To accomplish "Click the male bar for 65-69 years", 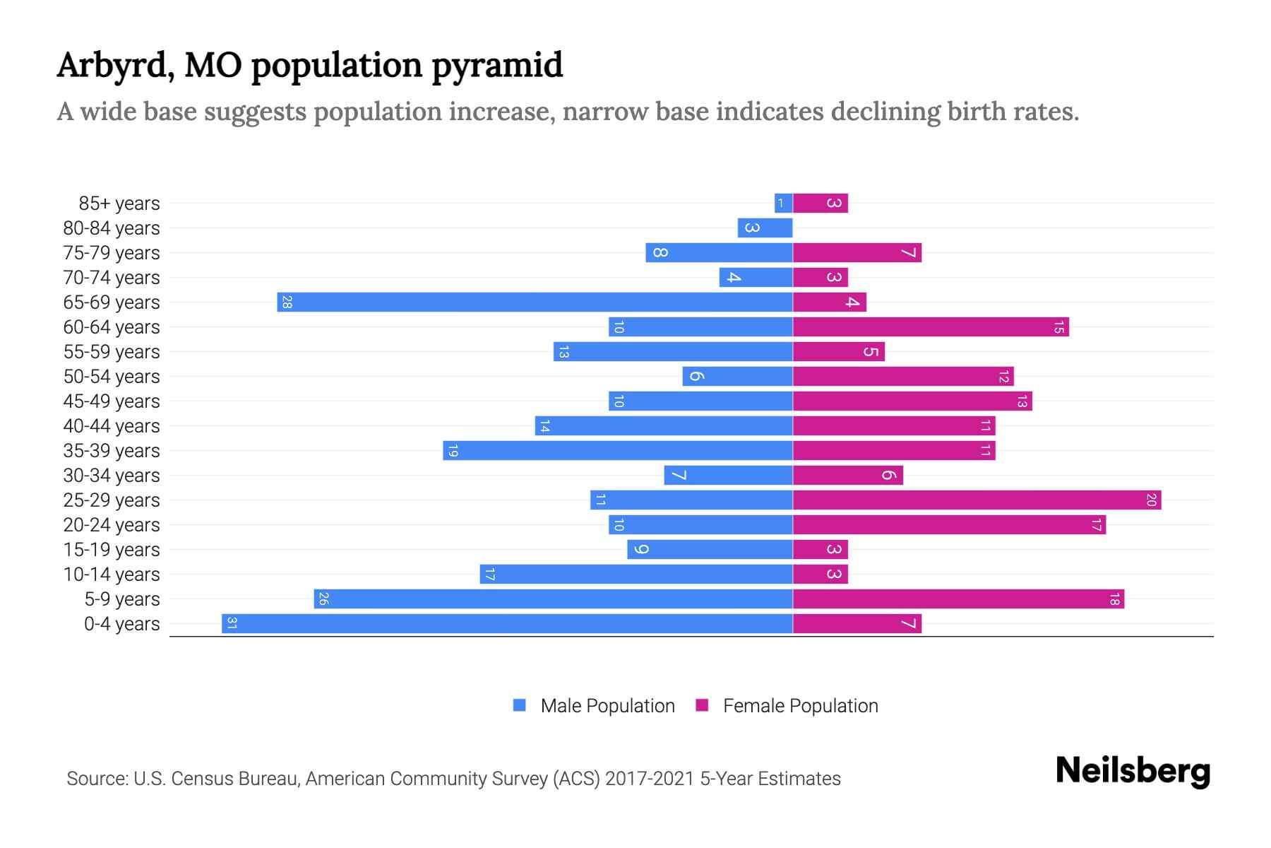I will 535,302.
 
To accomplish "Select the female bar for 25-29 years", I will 977,500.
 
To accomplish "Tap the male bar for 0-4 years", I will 507,624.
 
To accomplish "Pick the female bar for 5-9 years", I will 958,599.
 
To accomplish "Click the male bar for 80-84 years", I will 765,228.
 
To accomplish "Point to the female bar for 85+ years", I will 820,204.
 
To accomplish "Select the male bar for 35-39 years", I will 618,451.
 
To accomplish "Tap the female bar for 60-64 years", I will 931,327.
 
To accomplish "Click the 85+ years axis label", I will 119,204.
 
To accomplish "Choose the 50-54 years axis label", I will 112,377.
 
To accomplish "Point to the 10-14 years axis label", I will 112,575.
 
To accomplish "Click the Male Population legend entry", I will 607,706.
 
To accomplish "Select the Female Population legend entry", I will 799,706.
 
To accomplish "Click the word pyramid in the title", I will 497,66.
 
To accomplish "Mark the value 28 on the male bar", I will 287,302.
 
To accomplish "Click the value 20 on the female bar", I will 1151,500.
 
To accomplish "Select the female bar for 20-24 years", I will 949,525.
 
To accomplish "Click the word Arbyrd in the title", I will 116,66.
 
